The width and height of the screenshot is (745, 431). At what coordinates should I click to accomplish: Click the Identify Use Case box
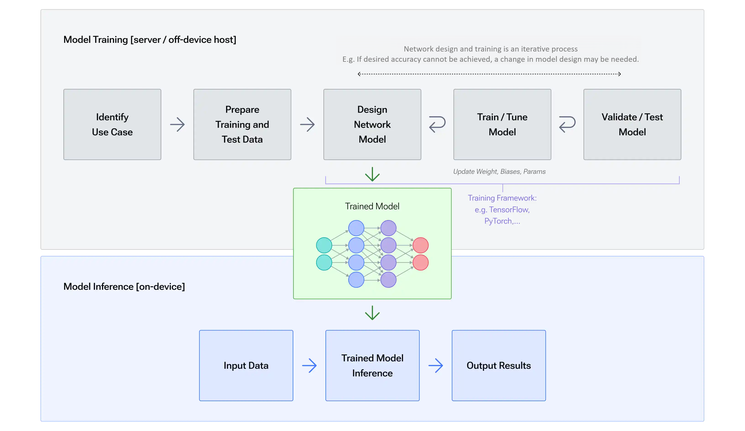(x=112, y=124)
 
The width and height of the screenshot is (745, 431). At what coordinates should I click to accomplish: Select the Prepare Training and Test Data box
(x=242, y=124)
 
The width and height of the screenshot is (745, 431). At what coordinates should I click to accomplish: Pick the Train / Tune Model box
(x=502, y=124)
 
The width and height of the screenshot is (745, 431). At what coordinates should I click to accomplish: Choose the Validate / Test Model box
(x=632, y=124)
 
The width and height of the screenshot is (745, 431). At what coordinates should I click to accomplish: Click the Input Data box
(x=246, y=365)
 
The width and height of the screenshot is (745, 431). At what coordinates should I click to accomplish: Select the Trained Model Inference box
(x=372, y=365)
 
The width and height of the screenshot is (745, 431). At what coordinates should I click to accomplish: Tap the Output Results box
(x=498, y=365)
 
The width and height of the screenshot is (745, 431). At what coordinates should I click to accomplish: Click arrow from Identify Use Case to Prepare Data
(x=177, y=124)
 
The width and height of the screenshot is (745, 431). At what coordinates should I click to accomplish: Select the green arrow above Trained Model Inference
(x=372, y=313)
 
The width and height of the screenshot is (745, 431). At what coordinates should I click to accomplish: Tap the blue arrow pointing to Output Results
(x=435, y=366)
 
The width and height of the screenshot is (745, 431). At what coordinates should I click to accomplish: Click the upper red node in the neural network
(x=420, y=245)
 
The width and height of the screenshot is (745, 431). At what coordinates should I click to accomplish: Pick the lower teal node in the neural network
(x=324, y=262)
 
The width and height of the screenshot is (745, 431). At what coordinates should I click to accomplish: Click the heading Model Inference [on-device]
(x=124, y=286)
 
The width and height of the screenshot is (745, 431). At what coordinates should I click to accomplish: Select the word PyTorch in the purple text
(x=498, y=221)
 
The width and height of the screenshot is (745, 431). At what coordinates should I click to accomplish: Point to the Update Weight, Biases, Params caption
(x=499, y=171)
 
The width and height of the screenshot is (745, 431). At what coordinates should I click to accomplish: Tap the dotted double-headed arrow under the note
(x=489, y=74)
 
